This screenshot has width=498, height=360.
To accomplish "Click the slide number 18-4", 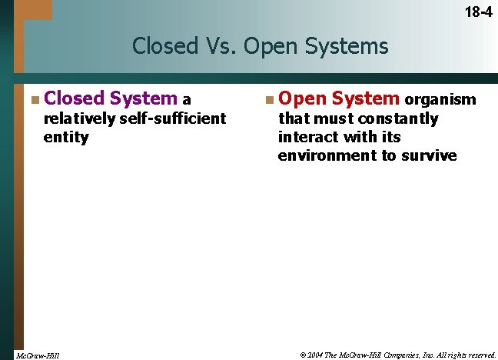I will point(477,12).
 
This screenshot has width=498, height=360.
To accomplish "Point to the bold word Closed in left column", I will point(74,98).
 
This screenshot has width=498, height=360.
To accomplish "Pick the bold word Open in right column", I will point(301,98).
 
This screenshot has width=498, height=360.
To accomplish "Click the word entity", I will point(66,137).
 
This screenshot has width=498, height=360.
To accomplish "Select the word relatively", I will point(80,118).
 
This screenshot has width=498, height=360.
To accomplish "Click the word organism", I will point(440,100).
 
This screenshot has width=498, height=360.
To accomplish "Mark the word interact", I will point(307,137).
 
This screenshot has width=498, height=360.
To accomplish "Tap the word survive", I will point(431,155).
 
